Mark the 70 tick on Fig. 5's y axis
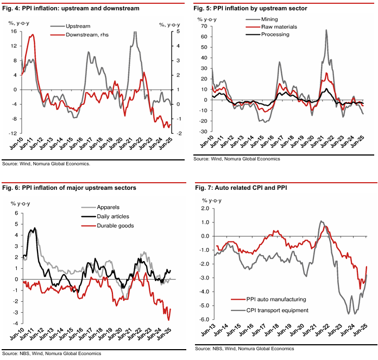(x=205, y=26)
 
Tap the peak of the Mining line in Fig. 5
(x=326, y=30)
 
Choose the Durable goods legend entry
(x=111, y=225)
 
